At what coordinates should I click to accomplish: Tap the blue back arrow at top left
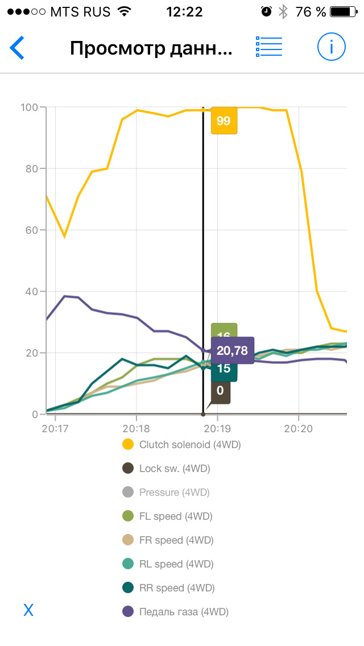pos(17,48)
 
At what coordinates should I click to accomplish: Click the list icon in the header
pos(269,47)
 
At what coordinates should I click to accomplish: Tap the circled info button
pos(331,47)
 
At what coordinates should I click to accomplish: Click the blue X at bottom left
pos(28,611)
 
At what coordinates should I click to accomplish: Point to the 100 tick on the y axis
pos(29,107)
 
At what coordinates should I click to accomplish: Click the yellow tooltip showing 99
pos(224,121)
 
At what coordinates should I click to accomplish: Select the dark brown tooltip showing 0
pos(220,392)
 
